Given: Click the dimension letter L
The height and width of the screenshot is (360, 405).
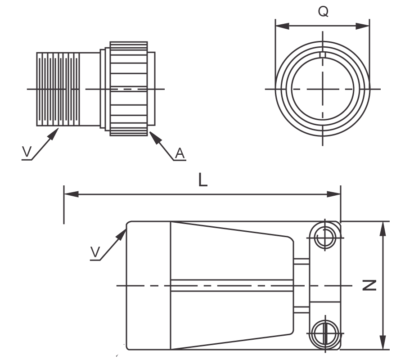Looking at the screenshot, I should (203, 181).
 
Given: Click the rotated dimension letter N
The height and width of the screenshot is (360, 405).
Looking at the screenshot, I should (370, 285).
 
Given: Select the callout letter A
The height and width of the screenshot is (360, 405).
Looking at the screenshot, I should (179, 154).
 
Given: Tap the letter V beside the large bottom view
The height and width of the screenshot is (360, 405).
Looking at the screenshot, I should (94, 253).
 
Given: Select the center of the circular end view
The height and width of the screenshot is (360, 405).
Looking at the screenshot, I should (322, 89).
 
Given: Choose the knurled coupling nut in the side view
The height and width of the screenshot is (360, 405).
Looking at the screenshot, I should (129, 89).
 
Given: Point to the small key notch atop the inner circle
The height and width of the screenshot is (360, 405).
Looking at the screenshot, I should (322, 55).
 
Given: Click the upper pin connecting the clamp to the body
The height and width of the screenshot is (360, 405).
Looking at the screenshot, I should (301, 261).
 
